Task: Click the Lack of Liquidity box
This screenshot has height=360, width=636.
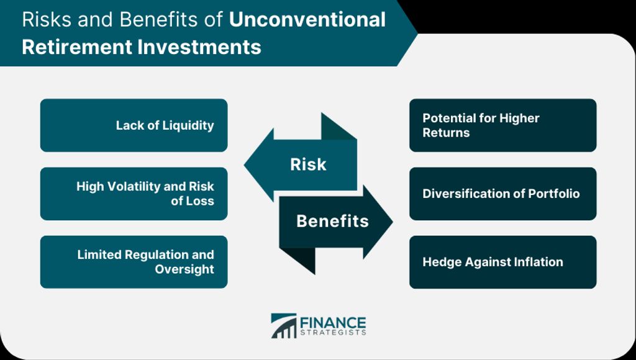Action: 134,125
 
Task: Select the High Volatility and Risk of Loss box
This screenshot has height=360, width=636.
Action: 134,194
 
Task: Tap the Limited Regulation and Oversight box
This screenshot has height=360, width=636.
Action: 134,262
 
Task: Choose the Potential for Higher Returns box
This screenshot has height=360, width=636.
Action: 503,125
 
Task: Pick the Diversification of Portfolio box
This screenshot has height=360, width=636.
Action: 503,194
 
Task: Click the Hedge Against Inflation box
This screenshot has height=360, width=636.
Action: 503,262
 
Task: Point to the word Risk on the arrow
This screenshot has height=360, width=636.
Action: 308,164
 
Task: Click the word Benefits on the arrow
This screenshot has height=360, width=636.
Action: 333,221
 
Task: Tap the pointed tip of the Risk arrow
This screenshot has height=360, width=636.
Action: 244,165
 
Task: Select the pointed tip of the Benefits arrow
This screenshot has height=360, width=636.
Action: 393,222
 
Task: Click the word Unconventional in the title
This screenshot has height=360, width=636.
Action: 307,19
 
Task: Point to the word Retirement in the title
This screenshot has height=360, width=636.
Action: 76,47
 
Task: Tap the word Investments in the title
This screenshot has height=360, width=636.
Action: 199,47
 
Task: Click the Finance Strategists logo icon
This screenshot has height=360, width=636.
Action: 283,325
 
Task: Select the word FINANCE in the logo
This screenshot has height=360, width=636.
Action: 333,323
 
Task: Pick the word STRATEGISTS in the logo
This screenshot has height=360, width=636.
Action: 333,333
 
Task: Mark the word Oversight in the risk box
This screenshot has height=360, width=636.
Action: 184,269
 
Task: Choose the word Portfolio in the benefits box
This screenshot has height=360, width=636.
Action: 553,194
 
